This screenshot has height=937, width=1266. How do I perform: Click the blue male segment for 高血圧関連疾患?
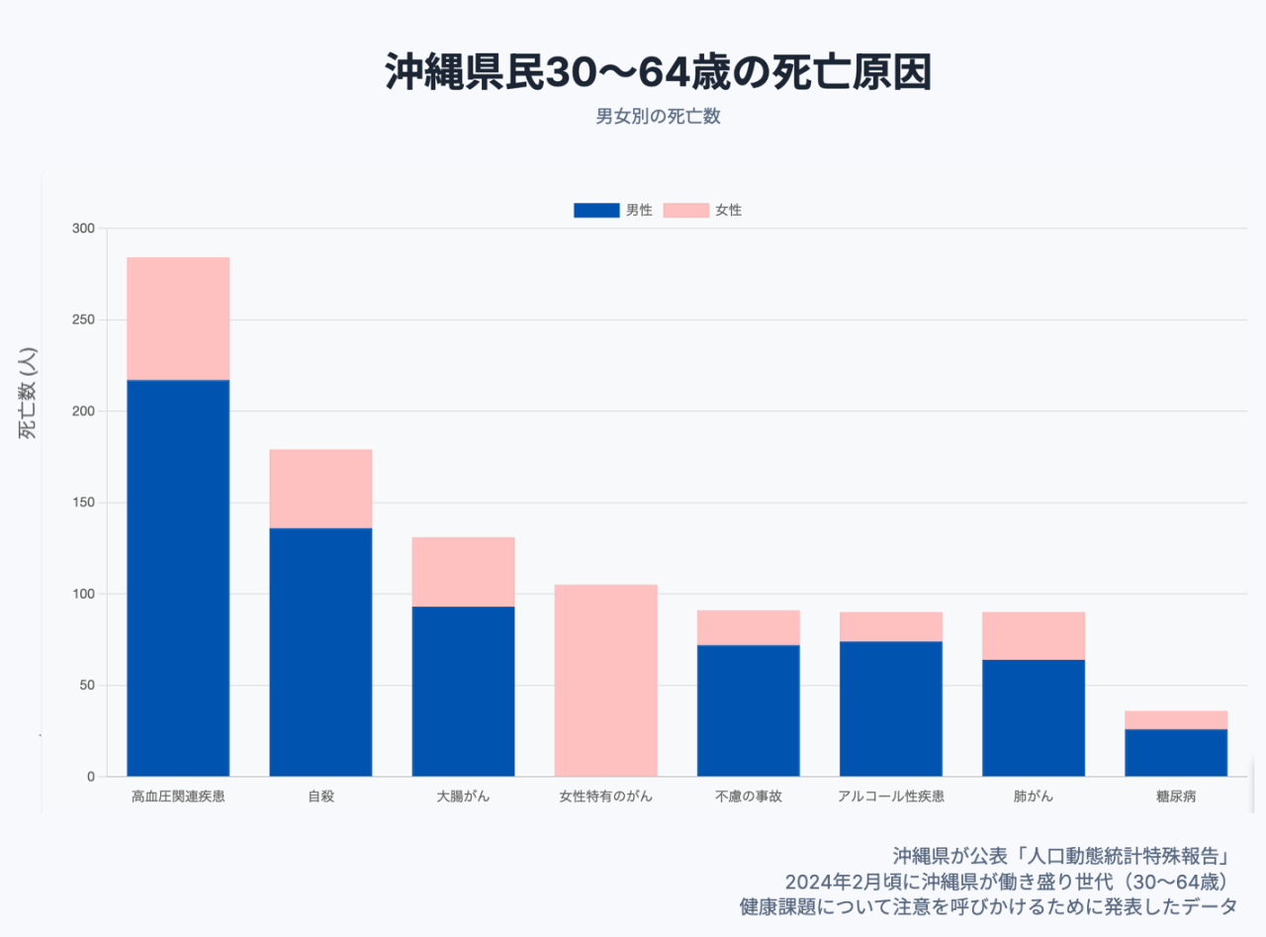[178, 578]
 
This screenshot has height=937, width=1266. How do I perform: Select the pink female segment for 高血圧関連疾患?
[178, 319]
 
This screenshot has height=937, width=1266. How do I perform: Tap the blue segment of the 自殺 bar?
[320, 652]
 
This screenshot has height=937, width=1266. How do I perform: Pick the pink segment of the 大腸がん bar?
[463, 572]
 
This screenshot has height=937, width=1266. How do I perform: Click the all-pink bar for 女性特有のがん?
[605, 681]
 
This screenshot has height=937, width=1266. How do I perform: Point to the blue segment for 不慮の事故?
[748, 710]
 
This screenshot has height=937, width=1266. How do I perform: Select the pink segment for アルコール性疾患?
[890, 626]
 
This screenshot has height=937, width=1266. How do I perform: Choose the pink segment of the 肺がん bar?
[1033, 636]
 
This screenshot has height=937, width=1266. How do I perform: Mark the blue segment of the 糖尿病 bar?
[1175, 753]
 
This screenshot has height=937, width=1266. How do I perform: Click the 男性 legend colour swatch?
[596, 210]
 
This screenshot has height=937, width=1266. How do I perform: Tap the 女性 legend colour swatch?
[685, 210]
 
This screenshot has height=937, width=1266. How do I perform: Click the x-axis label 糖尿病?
[1175, 796]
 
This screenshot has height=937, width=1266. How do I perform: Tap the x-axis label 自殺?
[320, 796]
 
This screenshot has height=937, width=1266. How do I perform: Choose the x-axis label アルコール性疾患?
[890, 796]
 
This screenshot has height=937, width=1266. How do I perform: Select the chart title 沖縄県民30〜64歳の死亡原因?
[658, 73]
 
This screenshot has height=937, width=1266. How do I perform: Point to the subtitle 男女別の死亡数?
[658, 117]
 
